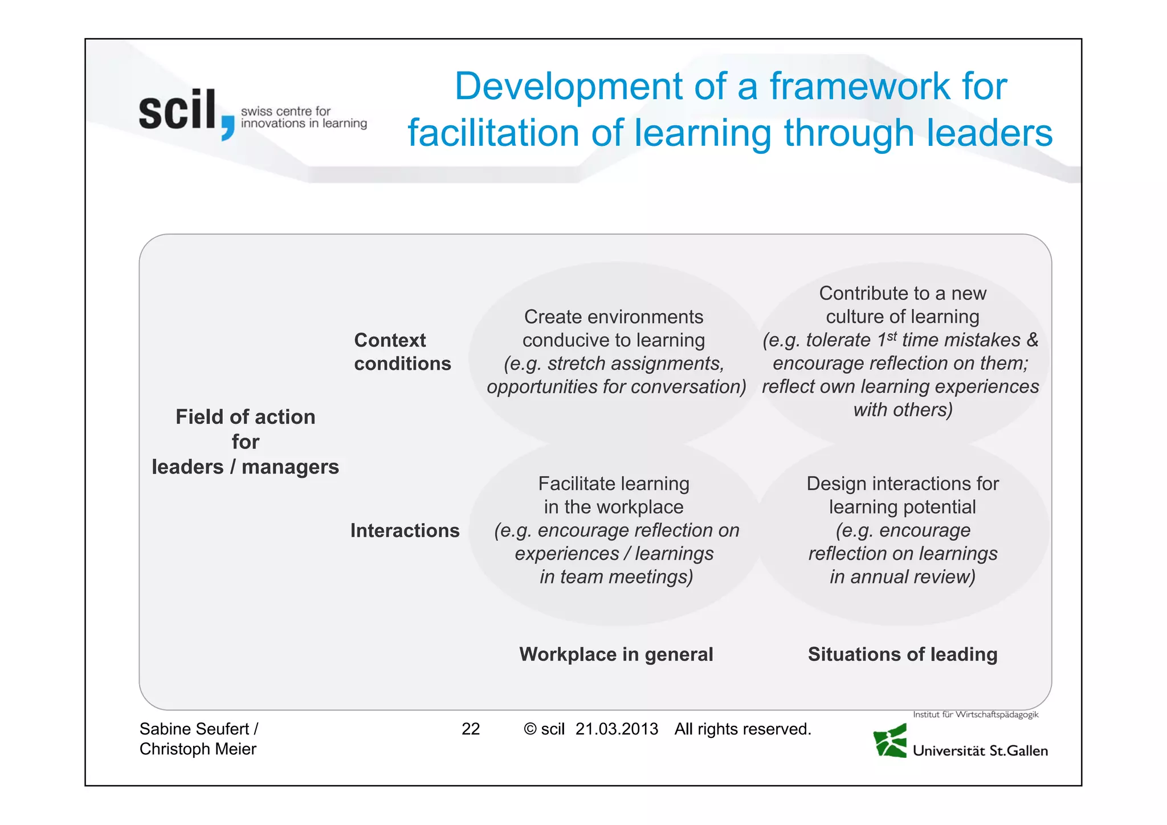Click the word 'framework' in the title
click(860, 87)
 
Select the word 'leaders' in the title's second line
click(989, 133)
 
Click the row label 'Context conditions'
click(402, 352)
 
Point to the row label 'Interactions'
click(405, 530)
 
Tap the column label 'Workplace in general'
click(616, 654)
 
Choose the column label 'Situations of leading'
click(903, 654)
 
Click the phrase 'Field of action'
click(245, 417)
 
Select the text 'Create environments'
click(614, 317)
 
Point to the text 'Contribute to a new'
click(903, 293)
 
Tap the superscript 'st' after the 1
click(892, 336)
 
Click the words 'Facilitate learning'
click(614, 484)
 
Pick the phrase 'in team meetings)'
click(616, 577)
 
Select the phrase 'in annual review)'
click(903, 577)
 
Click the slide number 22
click(471, 729)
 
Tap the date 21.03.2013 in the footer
click(617, 729)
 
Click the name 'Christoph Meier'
click(198, 749)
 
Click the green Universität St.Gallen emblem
click(890, 741)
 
